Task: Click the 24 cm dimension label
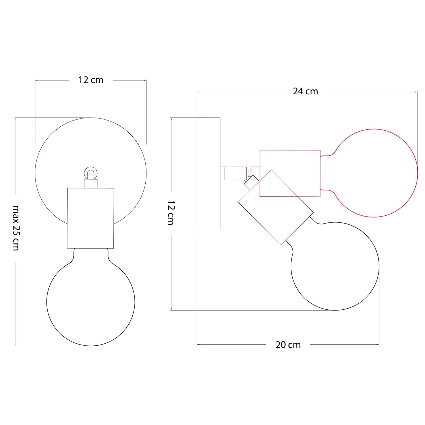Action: click(x=305, y=92)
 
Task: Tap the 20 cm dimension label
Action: click(x=288, y=345)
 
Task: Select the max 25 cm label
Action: click(x=16, y=228)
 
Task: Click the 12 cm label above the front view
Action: click(x=91, y=80)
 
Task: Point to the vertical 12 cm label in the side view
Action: click(x=171, y=213)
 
